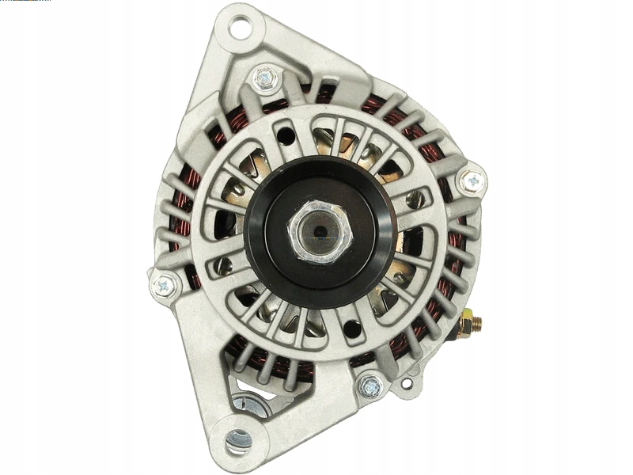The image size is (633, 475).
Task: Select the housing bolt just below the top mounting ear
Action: (264, 78)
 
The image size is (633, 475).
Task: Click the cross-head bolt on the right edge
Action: (472, 181)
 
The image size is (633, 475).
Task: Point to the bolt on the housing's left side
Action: (165, 285)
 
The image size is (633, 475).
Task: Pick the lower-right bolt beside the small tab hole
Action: (370, 386)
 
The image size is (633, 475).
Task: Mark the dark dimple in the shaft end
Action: (318, 230)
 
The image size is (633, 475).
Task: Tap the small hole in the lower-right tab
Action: (406, 384)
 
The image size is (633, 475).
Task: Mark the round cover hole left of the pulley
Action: (226, 266)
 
